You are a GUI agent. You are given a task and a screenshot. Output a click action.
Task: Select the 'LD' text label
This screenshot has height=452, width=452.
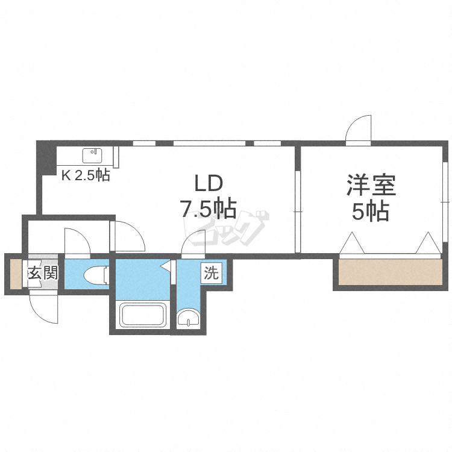[208, 183]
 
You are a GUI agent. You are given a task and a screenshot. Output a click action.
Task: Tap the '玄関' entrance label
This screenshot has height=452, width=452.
[42, 273]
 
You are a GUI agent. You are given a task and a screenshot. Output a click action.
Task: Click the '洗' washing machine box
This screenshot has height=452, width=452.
[210, 273]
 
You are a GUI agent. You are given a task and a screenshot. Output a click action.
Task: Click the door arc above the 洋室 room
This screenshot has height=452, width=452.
[359, 129]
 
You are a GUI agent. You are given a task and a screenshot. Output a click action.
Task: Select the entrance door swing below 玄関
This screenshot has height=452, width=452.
[43, 307]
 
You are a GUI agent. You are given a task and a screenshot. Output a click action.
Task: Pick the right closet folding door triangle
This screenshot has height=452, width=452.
[428, 243]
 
